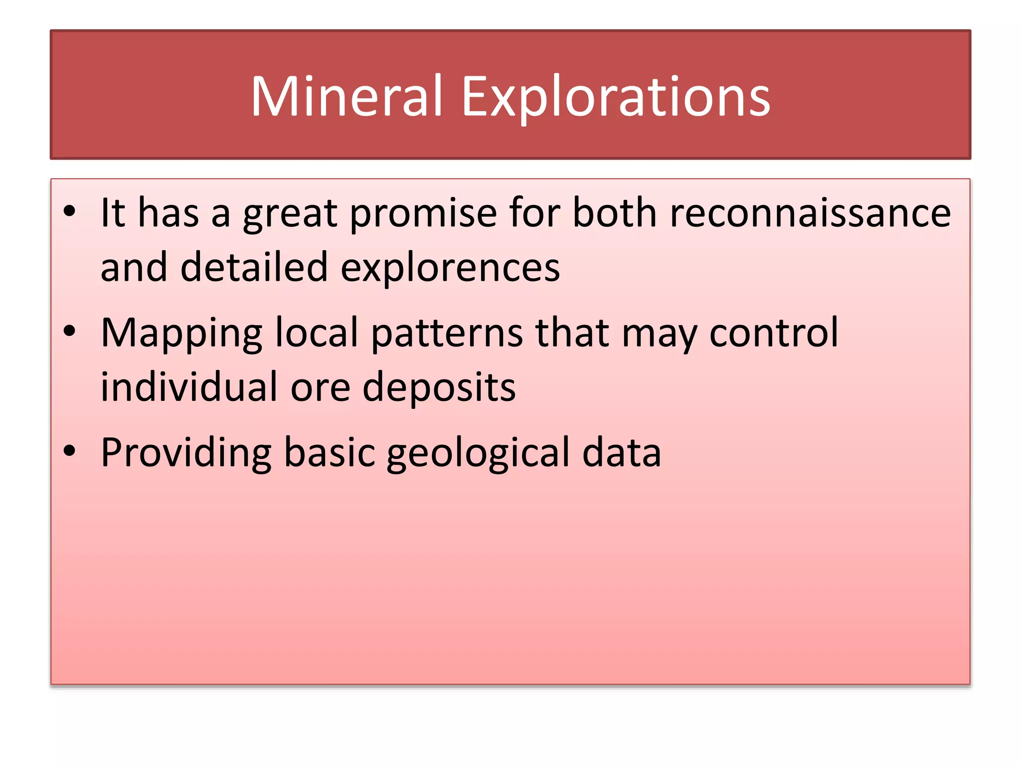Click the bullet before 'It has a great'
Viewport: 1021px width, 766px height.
coord(69,210)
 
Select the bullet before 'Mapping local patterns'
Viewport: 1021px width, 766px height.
coord(69,330)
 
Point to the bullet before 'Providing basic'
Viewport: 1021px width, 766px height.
coord(69,450)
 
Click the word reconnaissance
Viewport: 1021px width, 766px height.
coord(810,213)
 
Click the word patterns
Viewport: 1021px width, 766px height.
coord(447,333)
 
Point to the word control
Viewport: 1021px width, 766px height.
coord(774,333)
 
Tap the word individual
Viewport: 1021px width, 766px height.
coord(188,387)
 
